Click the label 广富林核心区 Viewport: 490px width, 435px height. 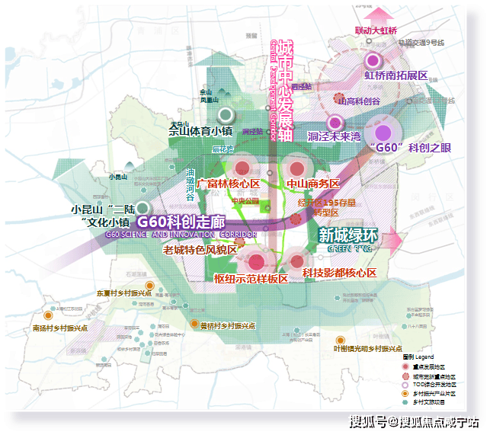coord(228,184)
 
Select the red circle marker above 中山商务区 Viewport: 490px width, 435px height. coord(295,168)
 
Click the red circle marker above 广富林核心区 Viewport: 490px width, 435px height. coord(242,168)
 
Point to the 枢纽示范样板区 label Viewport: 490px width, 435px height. coord(251,279)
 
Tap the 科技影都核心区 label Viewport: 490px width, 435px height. coord(339,273)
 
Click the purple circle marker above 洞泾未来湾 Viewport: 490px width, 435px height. coord(334,122)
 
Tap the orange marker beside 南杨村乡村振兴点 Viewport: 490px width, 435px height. coord(48,315)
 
